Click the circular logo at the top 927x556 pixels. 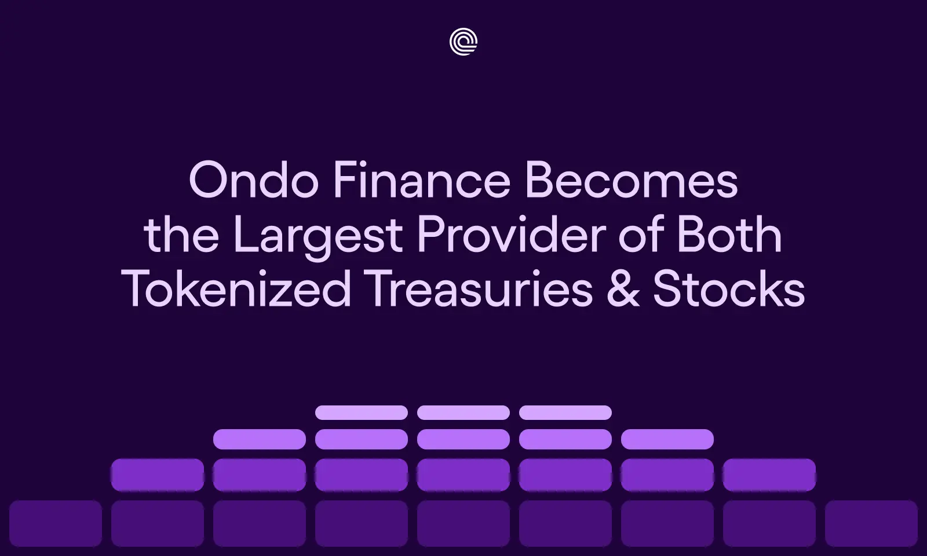pyautogui.click(x=463, y=42)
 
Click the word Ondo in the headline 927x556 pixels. pyautogui.click(x=253, y=181)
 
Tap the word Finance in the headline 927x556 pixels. pyautogui.click(x=421, y=181)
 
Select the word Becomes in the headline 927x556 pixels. pyautogui.click(x=631, y=181)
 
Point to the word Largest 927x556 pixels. pyautogui.click(x=317, y=236)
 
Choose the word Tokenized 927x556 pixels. pyautogui.click(x=236, y=289)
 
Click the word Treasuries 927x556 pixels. pyautogui.click(x=479, y=289)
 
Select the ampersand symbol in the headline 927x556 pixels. pyautogui.click(x=623, y=289)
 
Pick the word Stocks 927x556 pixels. pyautogui.click(x=728, y=289)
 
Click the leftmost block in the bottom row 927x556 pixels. pyautogui.click(x=56, y=524)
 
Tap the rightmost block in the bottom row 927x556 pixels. pyautogui.click(x=871, y=524)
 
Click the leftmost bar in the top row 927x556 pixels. pyautogui.click(x=362, y=412)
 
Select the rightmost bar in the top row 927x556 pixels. pyautogui.click(x=565, y=412)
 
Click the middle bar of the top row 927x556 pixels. pyautogui.click(x=463, y=412)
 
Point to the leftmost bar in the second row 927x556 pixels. pyautogui.click(x=260, y=439)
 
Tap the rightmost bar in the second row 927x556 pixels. pyautogui.click(x=667, y=439)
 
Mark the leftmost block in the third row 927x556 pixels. pyautogui.click(x=158, y=475)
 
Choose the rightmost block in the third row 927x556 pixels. pyautogui.click(x=769, y=475)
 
